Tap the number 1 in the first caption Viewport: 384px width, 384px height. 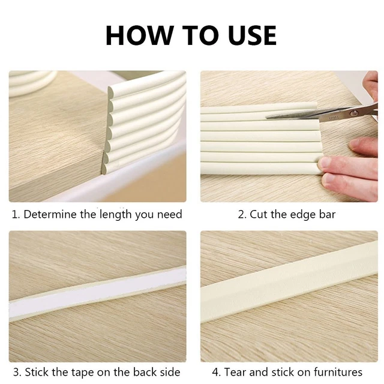coord(14,214)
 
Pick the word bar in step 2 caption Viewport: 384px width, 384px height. coord(326,214)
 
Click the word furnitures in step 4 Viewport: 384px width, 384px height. coord(336,372)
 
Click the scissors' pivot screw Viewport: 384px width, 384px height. coord(353,112)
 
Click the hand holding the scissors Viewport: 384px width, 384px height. coord(370,90)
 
